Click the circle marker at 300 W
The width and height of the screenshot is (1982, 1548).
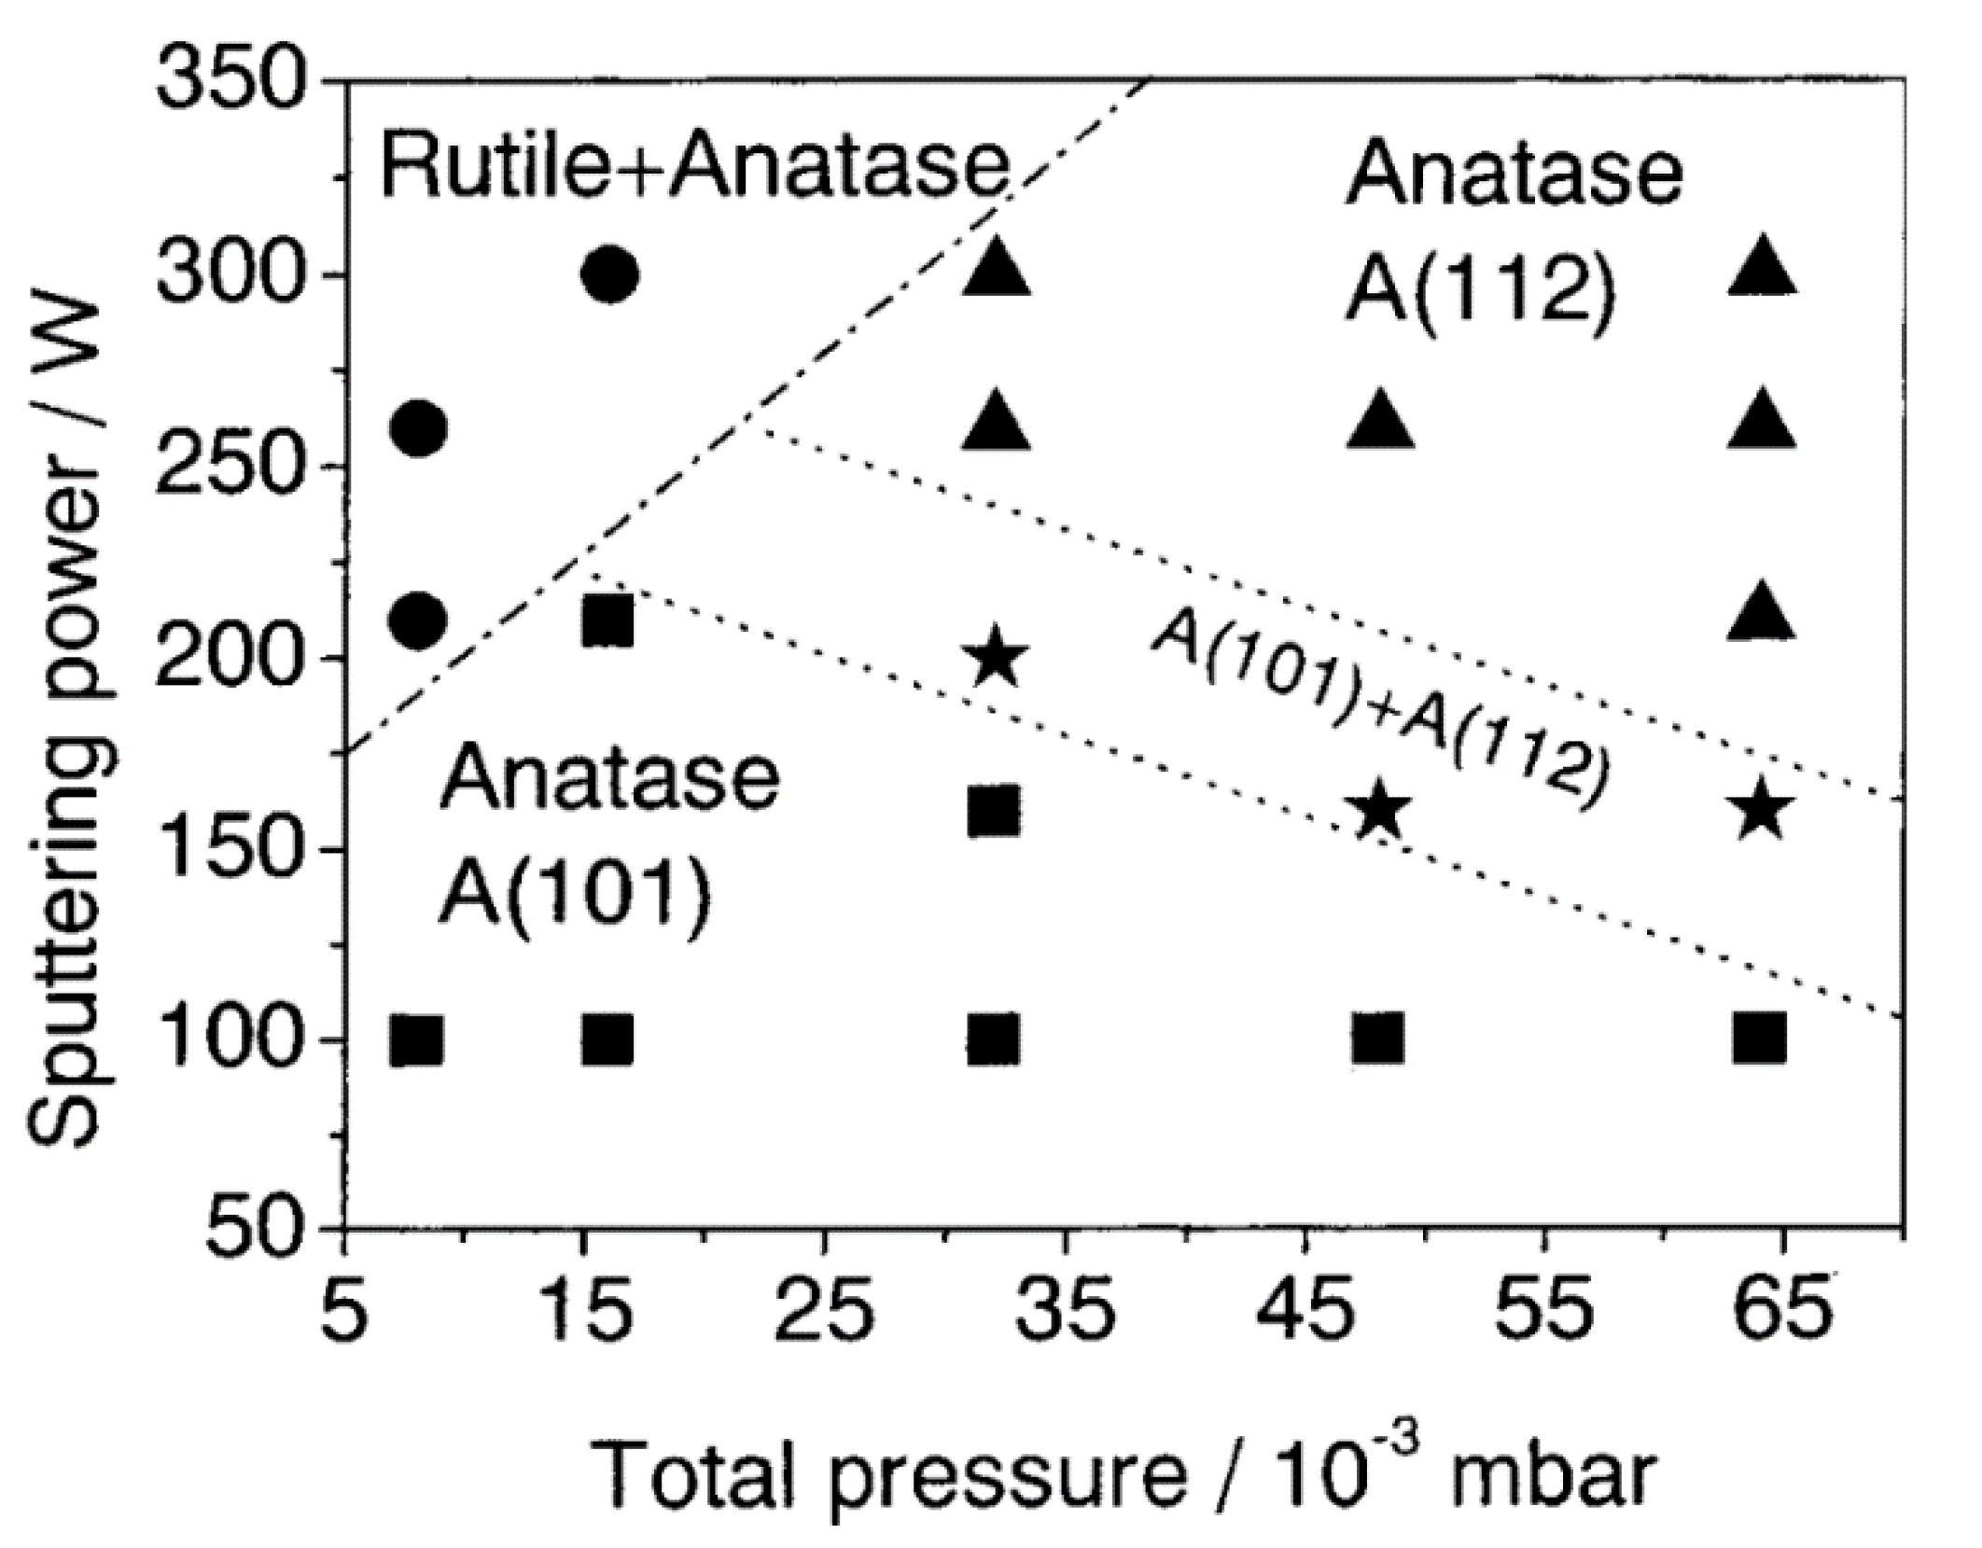pyautogui.click(x=609, y=275)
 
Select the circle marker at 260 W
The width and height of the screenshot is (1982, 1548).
pyautogui.click(x=419, y=428)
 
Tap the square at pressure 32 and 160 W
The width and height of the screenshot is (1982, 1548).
pyautogui.click(x=995, y=811)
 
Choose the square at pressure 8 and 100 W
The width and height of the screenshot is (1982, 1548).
pyautogui.click(x=417, y=1040)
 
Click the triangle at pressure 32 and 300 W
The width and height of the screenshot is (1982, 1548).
pyautogui.click(x=996, y=268)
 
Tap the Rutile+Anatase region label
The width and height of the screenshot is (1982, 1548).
pyautogui.click(x=695, y=170)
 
